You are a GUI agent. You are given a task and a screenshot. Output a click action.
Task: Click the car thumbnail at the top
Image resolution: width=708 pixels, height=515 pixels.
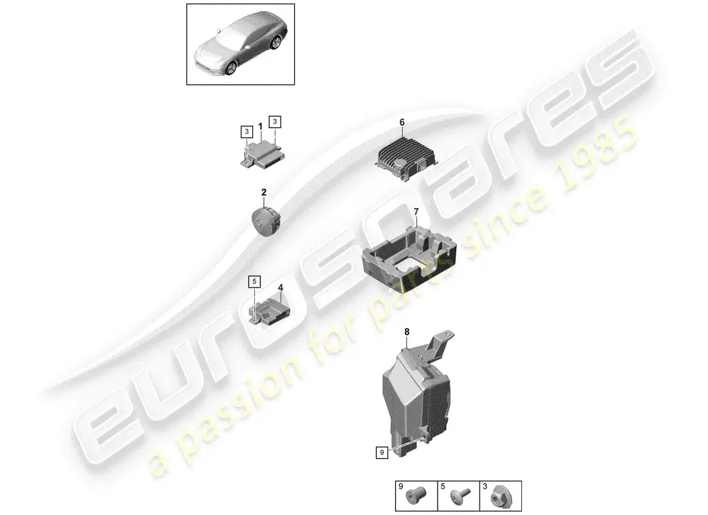click(x=241, y=44)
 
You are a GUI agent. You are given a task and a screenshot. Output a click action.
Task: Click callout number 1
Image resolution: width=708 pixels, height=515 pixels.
click(x=261, y=126)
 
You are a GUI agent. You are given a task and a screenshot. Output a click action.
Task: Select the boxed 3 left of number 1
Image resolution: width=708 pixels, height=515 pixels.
click(x=247, y=132)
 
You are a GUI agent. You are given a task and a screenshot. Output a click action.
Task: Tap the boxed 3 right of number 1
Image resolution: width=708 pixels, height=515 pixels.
click(x=275, y=122)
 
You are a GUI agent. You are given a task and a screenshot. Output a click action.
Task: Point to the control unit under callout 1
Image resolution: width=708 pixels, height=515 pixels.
click(x=263, y=154)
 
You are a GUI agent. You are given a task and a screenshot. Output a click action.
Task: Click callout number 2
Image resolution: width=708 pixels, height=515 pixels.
click(x=264, y=192)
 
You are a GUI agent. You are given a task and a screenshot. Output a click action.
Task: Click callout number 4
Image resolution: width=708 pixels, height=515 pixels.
click(x=281, y=287)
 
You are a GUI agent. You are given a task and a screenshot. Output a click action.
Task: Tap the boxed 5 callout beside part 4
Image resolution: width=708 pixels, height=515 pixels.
click(x=254, y=282)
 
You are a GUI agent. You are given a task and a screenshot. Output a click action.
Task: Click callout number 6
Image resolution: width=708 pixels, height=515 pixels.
click(x=402, y=122)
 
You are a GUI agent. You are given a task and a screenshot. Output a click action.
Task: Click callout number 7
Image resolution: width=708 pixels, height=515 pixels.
click(x=416, y=211)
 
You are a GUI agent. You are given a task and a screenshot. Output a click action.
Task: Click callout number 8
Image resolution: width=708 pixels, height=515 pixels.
click(x=407, y=332)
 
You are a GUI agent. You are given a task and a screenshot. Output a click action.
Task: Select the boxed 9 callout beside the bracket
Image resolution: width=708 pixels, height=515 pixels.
click(x=382, y=452)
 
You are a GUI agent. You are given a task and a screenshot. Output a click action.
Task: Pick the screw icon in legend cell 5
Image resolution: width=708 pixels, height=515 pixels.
click(x=460, y=496)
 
